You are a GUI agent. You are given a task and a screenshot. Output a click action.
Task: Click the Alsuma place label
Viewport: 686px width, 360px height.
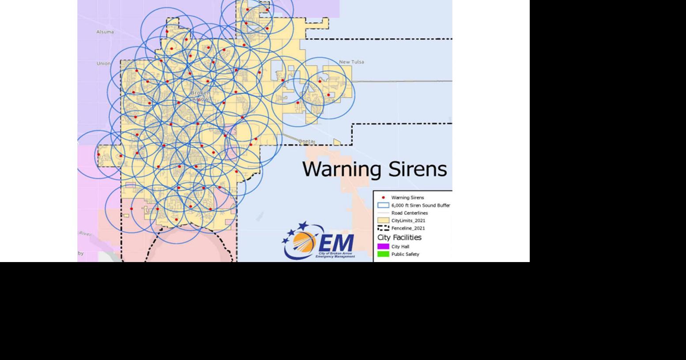pos(105,32)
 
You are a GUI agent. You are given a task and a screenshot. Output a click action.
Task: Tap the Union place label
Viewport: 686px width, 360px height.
pos(104,64)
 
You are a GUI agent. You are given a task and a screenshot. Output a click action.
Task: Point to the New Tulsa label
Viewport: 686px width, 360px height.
pos(351,62)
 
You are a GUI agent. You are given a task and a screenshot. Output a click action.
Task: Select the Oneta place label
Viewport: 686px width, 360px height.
pos(306,142)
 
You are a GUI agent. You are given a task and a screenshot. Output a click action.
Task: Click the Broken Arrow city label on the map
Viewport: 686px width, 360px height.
pos(200,96)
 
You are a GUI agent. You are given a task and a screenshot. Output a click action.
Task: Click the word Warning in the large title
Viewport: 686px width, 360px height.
pos(342,169)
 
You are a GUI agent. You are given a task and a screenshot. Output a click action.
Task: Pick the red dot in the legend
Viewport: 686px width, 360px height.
pos(383,198)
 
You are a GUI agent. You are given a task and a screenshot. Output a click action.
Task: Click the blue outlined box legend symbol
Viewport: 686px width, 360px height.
pos(383,205)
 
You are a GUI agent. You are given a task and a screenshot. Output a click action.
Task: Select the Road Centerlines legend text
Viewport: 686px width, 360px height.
pos(409,213)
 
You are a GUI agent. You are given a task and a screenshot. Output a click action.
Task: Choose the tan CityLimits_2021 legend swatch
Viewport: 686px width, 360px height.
pos(383,220)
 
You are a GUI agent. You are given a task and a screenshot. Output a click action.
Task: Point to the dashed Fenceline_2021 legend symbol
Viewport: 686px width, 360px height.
pos(383,228)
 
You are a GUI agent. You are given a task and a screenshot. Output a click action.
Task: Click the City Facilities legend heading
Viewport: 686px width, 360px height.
pos(399,237)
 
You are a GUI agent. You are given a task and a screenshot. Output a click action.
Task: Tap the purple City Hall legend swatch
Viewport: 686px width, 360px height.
pos(383,247)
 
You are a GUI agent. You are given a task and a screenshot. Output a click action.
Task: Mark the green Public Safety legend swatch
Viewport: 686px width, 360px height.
pos(383,254)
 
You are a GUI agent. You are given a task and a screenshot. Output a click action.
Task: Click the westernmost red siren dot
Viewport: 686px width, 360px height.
pos(98,154)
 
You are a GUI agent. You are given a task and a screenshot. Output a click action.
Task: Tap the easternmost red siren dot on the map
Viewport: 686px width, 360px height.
pos(328,95)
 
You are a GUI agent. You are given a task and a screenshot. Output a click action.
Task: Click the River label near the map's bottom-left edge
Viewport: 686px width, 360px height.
pos(85,233)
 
